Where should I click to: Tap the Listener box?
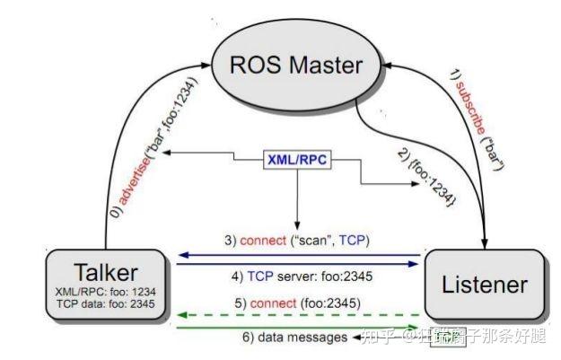(485, 285)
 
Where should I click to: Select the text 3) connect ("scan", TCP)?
(296, 241)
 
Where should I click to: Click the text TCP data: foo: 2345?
(107, 304)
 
